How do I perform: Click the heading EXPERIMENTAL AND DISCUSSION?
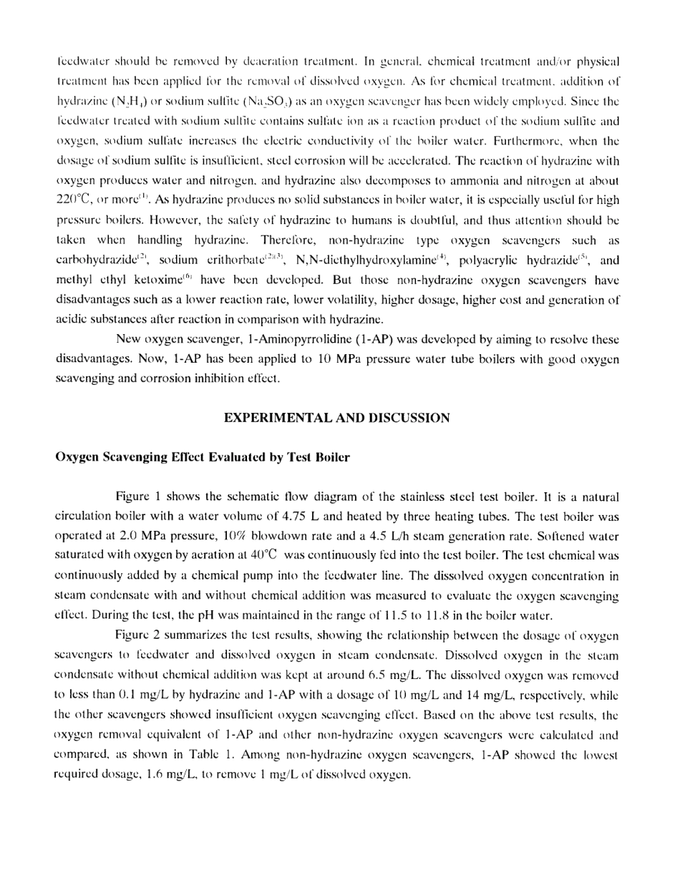tap(337, 419)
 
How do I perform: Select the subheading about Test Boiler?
tap(203, 458)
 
